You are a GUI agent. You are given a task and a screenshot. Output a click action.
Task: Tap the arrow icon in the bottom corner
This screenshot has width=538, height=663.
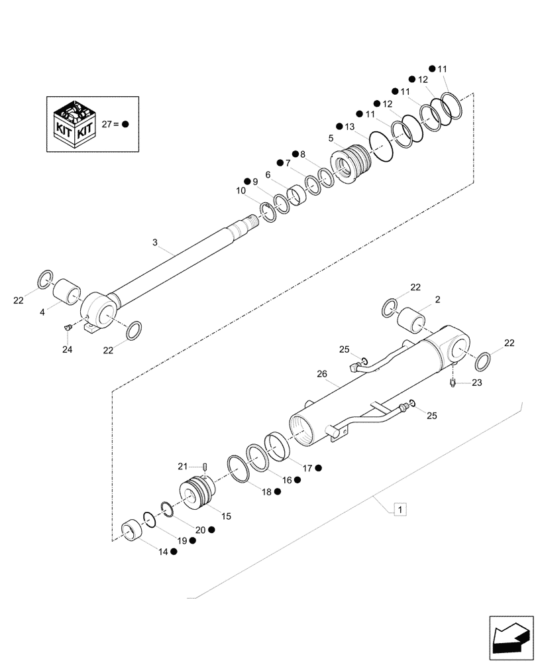pyautogui.click(x=511, y=638)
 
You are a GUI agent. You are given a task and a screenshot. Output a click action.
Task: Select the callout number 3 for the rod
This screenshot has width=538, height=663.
pyautogui.click(x=155, y=243)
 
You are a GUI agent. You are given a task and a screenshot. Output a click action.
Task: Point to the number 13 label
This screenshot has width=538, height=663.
pyautogui.click(x=350, y=126)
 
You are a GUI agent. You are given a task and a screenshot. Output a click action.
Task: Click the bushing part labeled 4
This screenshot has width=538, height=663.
pyautogui.click(x=67, y=292)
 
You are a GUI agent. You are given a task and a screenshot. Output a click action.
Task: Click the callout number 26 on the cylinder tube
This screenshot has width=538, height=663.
pyautogui.click(x=322, y=375)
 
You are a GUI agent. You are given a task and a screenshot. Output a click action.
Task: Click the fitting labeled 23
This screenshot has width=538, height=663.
pyautogui.click(x=453, y=383)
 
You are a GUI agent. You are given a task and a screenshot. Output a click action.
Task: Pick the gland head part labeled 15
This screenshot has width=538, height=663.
pyautogui.click(x=198, y=495)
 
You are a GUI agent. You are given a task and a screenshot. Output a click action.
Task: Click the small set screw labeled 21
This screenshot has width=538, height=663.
pyautogui.click(x=205, y=468)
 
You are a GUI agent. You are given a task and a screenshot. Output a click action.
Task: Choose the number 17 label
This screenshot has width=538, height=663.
pyautogui.click(x=307, y=468)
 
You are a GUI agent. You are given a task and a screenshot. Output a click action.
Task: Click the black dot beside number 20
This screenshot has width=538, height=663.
pyautogui.click(x=212, y=530)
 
